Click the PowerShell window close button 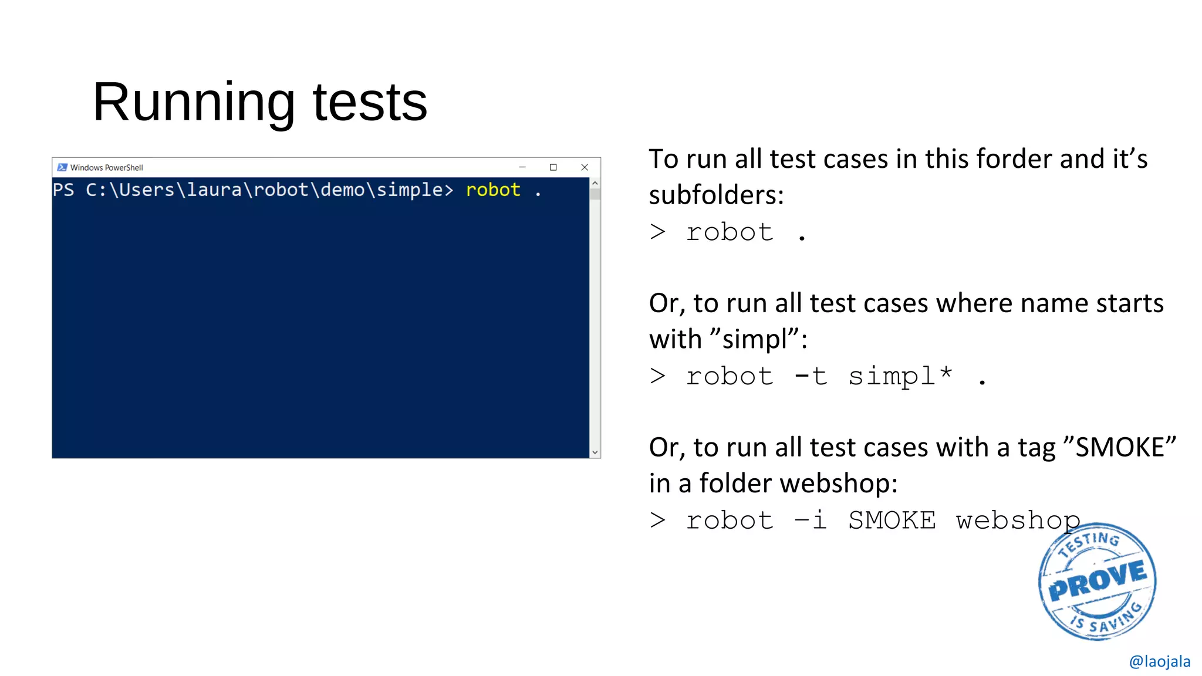point(584,167)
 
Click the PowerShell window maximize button point(553,167)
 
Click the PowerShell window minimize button point(522,167)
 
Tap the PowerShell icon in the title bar point(62,167)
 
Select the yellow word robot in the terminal point(493,190)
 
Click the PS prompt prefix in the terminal point(63,190)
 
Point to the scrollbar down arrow point(595,452)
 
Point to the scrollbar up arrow point(595,183)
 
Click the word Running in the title point(194,102)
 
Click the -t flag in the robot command point(811,376)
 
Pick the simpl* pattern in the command point(900,376)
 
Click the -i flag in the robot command point(811,520)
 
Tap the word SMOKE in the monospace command point(892,520)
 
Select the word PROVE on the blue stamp point(1097,581)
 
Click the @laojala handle point(1159,661)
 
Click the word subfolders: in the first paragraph point(716,195)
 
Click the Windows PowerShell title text point(107,168)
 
